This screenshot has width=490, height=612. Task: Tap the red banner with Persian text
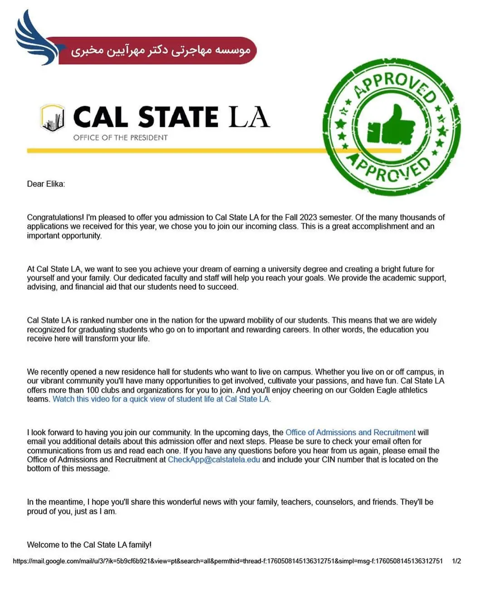(159, 50)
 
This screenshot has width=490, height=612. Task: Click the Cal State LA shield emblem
(52, 118)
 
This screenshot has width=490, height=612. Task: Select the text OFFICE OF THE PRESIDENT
(120, 137)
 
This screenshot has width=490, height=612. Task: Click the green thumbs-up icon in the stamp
(391, 127)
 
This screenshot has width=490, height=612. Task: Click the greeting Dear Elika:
(46, 184)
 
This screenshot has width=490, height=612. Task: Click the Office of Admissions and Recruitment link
(350, 432)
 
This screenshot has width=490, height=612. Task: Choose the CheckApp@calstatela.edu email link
(214, 460)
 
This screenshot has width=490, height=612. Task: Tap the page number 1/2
(456, 561)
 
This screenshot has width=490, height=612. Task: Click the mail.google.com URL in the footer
(227, 561)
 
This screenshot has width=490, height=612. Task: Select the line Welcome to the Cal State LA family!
(89, 544)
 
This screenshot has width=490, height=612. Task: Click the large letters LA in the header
(249, 117)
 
